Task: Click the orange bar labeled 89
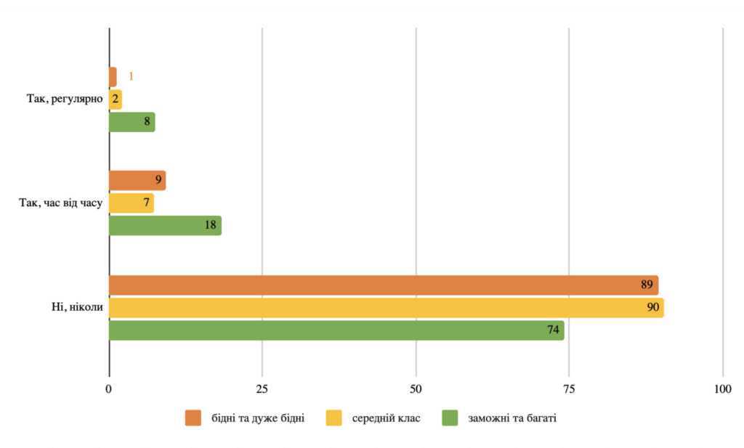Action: [383, 285]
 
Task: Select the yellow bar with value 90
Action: [386, 308]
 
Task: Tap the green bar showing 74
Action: [336, 330]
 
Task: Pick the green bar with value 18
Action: [165, 225]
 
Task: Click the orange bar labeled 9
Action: [137, 180]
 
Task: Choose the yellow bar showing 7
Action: [131, 203]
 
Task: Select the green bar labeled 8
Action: [132, 122]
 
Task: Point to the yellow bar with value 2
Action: [115, 99]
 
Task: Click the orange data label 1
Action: [131, 76]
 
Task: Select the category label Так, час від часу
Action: [61, 203]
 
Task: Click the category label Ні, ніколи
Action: [72, 308]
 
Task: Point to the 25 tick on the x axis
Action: [262, 388]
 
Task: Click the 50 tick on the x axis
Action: [416, 388]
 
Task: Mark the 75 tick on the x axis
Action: [569, 388]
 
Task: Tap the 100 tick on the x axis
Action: [722, 388]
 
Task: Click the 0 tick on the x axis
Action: [109, 388]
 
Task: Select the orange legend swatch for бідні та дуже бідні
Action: [193, 418]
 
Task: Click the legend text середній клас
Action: [386, 418]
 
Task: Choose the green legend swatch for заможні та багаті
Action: [450, 418]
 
